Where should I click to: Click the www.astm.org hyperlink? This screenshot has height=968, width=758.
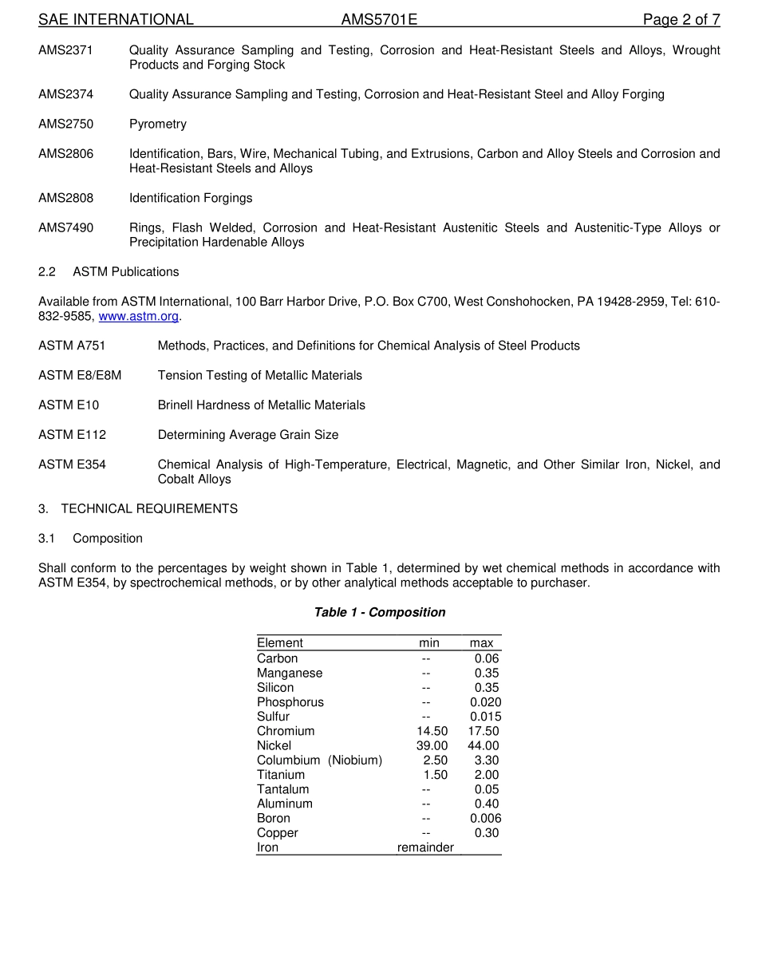[138, 316]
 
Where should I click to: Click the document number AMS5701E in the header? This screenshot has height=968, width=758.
[379, 20]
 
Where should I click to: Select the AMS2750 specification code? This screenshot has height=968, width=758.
[65, 124]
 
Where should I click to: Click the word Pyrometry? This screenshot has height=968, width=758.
[158, 124]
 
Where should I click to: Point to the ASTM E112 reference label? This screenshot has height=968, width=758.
[72, 435]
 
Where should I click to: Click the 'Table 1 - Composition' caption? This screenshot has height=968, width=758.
[379, 612]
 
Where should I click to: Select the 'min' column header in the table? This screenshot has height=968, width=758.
[429, 643]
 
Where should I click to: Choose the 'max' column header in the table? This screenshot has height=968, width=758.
[481, 643]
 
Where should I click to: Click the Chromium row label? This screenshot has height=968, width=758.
[286, 731]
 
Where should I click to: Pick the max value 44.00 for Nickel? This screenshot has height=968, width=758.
[484, 745]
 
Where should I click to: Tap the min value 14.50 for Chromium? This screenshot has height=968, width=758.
[432, 731]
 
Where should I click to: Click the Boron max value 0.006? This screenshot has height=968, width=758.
[485, 818]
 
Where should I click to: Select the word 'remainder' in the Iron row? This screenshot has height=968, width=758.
[425, 847]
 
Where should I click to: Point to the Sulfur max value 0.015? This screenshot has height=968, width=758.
[485, 717]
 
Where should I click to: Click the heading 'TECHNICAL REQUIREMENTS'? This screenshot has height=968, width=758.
[149, 508]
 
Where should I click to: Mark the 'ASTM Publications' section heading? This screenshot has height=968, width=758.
[126, 272]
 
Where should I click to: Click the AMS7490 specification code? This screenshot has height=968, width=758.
[65, 227]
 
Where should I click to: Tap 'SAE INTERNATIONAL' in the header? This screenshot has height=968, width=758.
[116, 20]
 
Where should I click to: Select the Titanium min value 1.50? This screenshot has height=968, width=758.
[435, 775]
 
